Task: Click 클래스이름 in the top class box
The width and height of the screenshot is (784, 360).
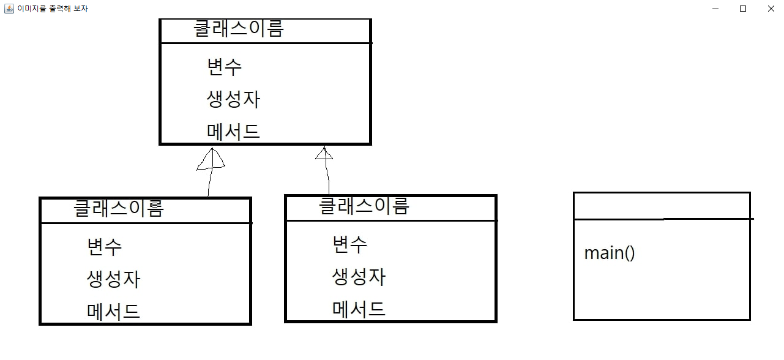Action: tap(239, 29)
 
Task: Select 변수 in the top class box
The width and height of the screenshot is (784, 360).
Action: tap(225, 66)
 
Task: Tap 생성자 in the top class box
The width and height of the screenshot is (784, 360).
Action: tap(234, 99)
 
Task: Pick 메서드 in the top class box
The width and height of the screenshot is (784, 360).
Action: tap(234, 131)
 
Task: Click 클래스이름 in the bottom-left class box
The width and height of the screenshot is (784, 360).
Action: tap(119, 208)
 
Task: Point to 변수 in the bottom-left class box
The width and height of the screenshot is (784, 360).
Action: tap(105, 246)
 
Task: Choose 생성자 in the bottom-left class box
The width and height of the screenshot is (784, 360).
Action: tap(114, 279)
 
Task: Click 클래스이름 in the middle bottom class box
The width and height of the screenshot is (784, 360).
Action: tap(364, 206)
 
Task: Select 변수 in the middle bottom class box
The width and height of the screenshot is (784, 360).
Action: tap(350, 244)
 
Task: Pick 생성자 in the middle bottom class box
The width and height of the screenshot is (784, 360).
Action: tap(359, 277)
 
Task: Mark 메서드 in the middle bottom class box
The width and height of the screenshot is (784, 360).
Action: tap(359, 309)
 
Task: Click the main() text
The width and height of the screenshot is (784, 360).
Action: tap(610, 253)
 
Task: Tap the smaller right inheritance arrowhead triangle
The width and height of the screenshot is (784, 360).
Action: tap(324, 154)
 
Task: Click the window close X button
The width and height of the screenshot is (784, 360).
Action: tap(771, 9)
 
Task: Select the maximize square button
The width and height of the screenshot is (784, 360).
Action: tap(743, 9)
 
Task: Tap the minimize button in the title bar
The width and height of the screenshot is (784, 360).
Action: tap(715, 9)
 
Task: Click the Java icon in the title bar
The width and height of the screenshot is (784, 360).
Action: tap(9, 9)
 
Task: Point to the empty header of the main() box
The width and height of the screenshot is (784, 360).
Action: tap(662, 205)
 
